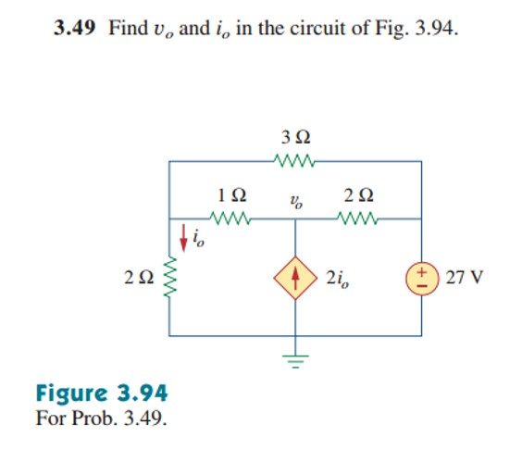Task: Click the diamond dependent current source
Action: (x=296, y=277)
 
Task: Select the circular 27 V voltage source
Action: (x=422, y=277)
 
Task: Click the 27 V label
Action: (x=464, y=277)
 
